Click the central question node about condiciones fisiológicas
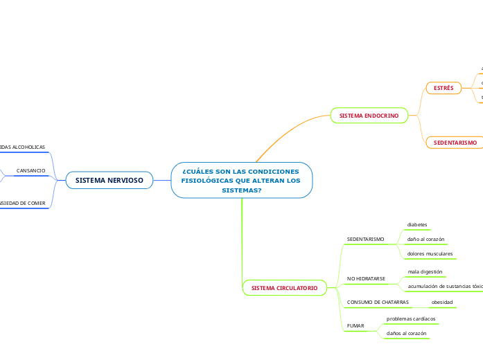coord(241,180)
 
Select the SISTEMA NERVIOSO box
coord(109,180)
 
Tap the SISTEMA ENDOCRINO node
coord(369,116)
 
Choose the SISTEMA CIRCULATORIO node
coord(284,287)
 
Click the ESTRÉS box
coord(444,88)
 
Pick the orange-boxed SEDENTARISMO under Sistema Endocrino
coord(455,142)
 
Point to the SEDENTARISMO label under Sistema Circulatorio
coord(365,239)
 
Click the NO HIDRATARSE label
coord(366,278)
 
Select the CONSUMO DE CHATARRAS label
coord(378,303)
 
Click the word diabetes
coord(417,224)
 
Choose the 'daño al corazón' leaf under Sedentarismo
coord(425,239)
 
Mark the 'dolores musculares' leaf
coord(430,254)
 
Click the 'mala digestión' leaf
coord(425,271)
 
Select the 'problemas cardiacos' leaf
coord(411,318)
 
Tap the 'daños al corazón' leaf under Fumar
coord(407,333)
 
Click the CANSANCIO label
coord(31,170)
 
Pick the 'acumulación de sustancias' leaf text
coord(444,285)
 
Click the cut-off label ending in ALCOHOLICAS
coord(23,147)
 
